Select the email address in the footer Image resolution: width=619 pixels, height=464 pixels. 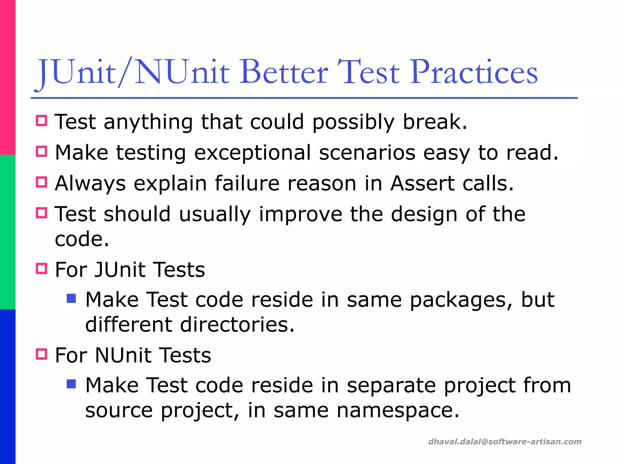(x=505, y=442)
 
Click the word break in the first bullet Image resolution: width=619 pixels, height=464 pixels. (x=435, y=122)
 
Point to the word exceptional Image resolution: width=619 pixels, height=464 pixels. (x=252, y=153)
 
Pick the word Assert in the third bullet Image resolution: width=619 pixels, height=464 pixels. (x=423, y=183)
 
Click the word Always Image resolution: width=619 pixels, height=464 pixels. (x=90, y=183)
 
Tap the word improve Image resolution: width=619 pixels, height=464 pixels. (x=301, y=214)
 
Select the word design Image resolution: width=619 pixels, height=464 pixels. (x=424, y=214)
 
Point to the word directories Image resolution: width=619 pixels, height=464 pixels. (x=237, y=325)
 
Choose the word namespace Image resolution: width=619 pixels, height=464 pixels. (x=398, y=411)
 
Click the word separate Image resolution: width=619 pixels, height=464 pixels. (x=391, y=386)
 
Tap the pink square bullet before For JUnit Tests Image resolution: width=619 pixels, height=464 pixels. (x=41, y=268)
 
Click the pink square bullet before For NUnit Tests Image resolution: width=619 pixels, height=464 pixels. (x=41, y=354)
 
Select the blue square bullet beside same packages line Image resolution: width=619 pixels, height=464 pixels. (x=71, y=299)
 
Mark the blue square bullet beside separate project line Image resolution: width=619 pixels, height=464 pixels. (x=71, y=384)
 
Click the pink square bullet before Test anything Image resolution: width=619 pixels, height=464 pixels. (x=41, y=121)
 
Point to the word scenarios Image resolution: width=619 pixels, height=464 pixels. (x=367, y=153)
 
